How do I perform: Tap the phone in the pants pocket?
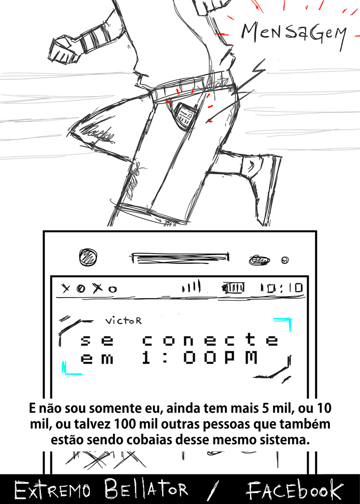pyautogui.click(x=185, y=114)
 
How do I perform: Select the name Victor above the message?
pyautogui.click(x=123, y=321)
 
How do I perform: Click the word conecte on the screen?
pyautogui.click(x=211, y=339)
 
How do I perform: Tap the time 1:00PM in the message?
pyautogui.click(x=200, y=357)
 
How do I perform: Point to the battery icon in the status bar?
pyautogui.click(x=233, y=288)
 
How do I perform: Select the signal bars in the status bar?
pyautogui.click(x=191, y=286)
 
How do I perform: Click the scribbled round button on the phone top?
pyautogui.click(x=88, y=258)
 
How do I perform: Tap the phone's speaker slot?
pyautogui.click(x=180, y=258)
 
